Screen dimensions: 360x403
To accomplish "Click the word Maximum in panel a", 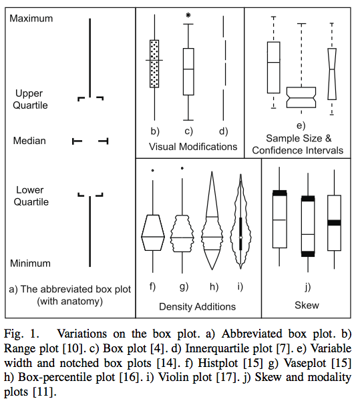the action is tap(31, 19).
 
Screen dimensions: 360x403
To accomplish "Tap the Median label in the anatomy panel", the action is tap(29, 141).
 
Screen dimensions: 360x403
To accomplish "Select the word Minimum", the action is tap(30, 263).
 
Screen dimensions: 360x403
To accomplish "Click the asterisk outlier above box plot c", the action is tap(188, 15).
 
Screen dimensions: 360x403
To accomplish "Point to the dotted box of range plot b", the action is tap(154, 64).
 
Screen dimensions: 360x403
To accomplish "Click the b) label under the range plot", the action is tap(155, 131).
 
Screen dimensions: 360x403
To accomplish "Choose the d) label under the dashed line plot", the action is tap(223, 131).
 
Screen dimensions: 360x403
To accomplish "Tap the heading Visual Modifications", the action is tap(193, 147).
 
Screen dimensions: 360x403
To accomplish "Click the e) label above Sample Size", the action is tap(301, 125).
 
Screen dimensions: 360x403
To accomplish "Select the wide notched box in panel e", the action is tap(301, 97).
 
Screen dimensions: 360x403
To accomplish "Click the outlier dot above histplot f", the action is tap(152, 170).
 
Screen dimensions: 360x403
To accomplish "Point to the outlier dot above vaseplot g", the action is tap(182, 168).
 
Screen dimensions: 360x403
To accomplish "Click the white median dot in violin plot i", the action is tap(240, 238).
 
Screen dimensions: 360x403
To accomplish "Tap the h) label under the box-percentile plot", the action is tap(214, 287).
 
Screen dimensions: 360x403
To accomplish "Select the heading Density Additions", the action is tap(198, 307).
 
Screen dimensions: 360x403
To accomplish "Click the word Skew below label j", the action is tap(307, 306).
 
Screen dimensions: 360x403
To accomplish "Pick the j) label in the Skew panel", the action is tap(308, 287).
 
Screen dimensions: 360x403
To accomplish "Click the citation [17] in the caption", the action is tap(228, 377).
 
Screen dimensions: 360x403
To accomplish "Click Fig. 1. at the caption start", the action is tap(21, 334).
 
